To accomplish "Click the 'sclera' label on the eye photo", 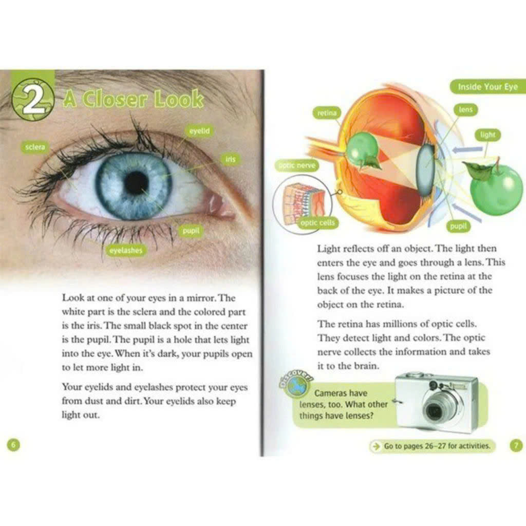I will tap(35, 147).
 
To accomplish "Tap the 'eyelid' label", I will tap(199, 131).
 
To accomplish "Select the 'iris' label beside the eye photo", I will tap(230, 159).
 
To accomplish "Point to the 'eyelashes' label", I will tap(125, 250).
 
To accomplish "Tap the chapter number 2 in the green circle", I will tap(32, 100).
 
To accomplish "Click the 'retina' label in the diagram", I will tap(326, 113).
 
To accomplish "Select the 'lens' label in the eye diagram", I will tap(466, 109).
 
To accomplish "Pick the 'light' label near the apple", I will tap(487, 135).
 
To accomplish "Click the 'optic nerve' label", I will tap(297, 165).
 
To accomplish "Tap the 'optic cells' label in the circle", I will tap(317, 223).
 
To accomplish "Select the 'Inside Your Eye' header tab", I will tap(487, 87).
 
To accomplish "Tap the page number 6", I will tap(14, 444).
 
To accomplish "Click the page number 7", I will tap(515, 445).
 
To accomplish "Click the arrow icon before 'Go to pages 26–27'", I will tap(376, 446).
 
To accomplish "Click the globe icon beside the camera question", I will tap(296, 388).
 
